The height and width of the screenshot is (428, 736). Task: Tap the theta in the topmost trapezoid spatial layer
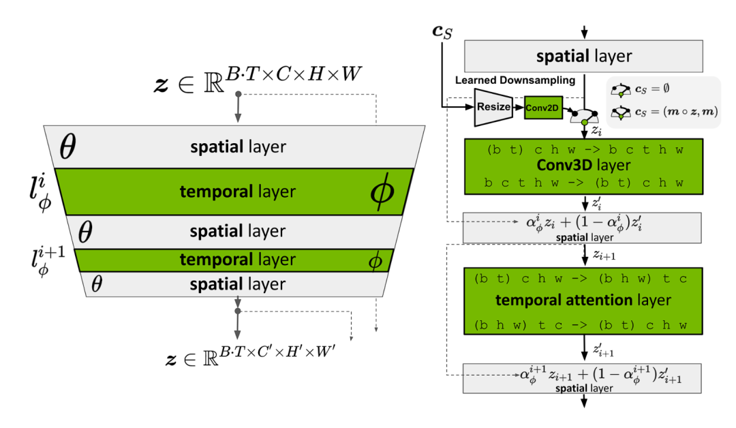[67, 147]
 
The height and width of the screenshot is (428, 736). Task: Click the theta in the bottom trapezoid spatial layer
[96, 284]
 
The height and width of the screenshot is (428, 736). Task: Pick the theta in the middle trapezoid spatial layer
[84, 232]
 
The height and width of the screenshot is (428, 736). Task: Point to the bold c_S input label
[442, 31]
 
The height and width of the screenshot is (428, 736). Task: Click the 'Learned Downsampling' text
[515, 80]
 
